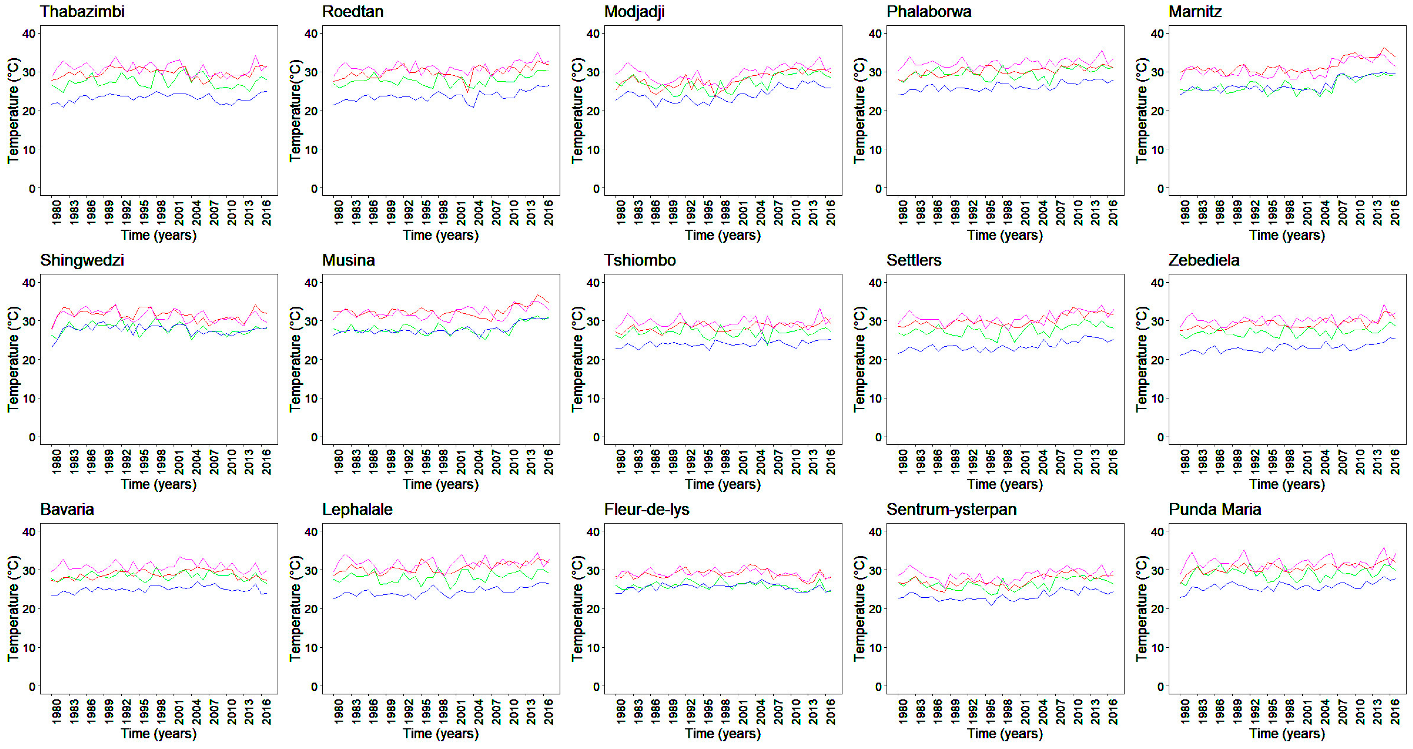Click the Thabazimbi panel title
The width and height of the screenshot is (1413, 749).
pyautogui.click(x=82, y=12)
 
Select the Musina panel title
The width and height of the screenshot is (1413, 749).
pyautogui.click(x=348, y=260)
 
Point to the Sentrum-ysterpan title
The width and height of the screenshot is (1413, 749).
pyautogui.click(x=951, y=509)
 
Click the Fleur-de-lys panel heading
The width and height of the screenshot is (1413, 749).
pyautogui.click(x=646, y=509)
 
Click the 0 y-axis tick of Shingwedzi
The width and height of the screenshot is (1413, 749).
pyautogui.click(x=32, y=437)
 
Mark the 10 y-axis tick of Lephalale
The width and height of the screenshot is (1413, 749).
pyautogui.click(x=311, y=648)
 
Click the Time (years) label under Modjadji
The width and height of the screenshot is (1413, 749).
pyautogui.click(x=722, y=235)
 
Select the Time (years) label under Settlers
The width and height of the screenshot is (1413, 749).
pyautogui.click(x=1004, y=484)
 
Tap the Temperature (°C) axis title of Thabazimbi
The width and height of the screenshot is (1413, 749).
pyautogui.click(x=13, y=110)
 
